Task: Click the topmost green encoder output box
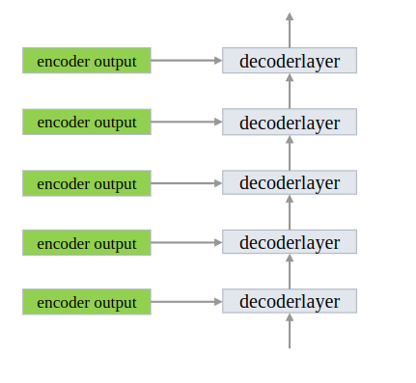(x=87, y=61)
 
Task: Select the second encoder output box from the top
(x=87, y=123)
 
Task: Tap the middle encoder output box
(x=87, y=183)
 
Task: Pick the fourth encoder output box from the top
(x=87, y=242)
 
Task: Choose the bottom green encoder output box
(x=87, y=302)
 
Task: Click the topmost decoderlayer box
(x=290, y=61)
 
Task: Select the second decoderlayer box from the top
(x=290, y=123)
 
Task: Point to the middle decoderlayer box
(x=290, y=183)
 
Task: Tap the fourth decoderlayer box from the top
(x=290, y=242)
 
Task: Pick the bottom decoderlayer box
(x=290, y=302)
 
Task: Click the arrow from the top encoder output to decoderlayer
(x=186, y=61)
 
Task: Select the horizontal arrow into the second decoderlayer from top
(x=186, y=123)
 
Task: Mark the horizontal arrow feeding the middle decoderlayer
(x=186, y=183)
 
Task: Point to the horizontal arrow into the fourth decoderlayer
(x=186, y=242)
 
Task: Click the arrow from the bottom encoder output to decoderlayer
(x=186, y=302)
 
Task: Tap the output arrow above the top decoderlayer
(x=290, y=30)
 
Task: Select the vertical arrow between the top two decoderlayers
(x=290, y=92)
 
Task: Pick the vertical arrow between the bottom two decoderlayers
(x=290, y=272)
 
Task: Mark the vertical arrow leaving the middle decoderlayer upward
(x=290, y=152)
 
